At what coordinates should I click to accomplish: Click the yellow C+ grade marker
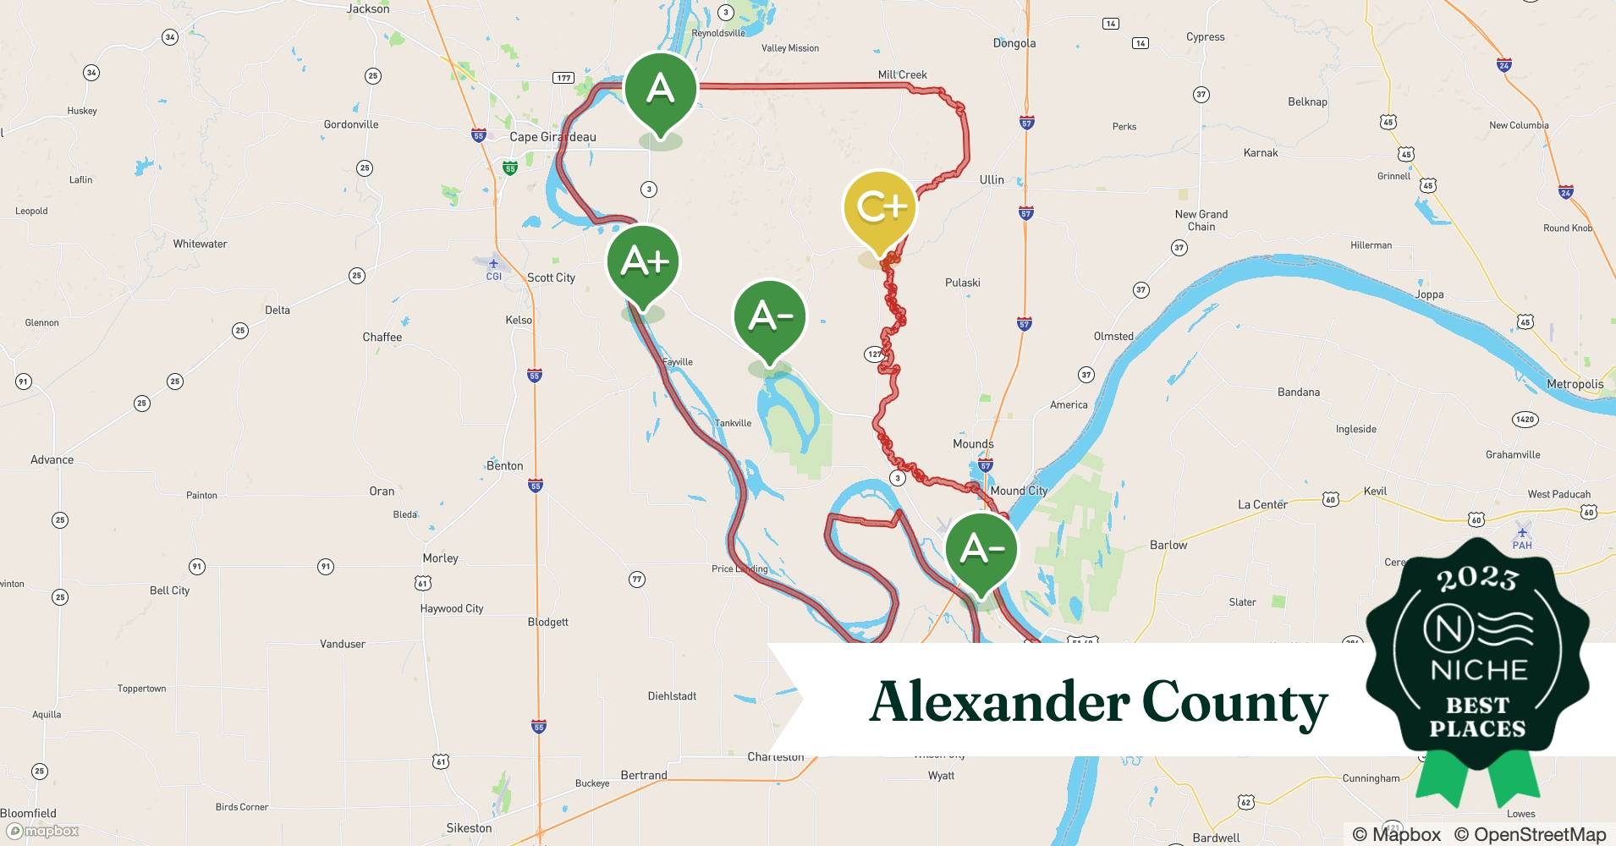point(880,208)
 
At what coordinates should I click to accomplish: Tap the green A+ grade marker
point(643,261)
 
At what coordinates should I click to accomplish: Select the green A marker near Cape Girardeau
point(660,90)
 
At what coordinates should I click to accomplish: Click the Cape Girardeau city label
point(552,137)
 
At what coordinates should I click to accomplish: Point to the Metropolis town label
point(1575,384)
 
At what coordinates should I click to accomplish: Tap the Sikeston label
point(469,828)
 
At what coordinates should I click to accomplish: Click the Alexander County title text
point(1098,702)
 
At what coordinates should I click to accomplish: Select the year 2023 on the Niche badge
point(1477,578)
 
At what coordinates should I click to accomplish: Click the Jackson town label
point(368,9)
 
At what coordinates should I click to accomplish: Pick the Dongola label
point(1014,43)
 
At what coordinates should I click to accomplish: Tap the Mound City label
point(1019,491)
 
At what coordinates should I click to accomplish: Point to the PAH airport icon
point(1522,533)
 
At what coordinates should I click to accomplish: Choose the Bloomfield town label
point(29,813)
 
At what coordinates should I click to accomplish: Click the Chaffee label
point(382,337)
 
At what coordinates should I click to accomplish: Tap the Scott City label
point(551,277)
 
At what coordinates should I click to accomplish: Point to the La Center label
point(1262,504)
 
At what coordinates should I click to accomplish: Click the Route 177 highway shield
point(563,78)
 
